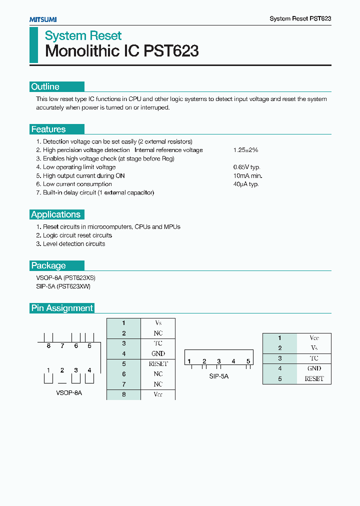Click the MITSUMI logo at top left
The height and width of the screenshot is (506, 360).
coord(42,19)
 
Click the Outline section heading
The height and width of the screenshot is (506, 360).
coord(45,87)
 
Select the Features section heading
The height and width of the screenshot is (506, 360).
coord(48,129)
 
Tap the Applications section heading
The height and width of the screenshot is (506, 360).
coord(55,214)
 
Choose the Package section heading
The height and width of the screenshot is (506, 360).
coord(48,265)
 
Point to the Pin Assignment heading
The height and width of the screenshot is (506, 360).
coord(62,308)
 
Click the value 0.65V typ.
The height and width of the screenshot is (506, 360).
coord(246,167)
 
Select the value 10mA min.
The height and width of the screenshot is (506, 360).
coord(247,176)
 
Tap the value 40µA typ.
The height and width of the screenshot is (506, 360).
coord(245,184)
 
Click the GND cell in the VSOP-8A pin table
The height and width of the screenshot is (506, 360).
coord(158,353)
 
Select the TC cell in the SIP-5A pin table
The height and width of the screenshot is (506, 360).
coord(314,358)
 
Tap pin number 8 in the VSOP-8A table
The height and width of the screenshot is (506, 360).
coord(123,394)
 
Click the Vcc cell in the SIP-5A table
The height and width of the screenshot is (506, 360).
coord(314,338)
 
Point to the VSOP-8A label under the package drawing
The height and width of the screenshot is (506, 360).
coord(68,393)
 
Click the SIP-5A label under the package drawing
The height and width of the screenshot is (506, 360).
coord(218,376)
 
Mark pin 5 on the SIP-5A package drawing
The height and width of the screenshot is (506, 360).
coord(248,361)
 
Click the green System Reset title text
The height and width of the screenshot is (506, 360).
coord(83,36)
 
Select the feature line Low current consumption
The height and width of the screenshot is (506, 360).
coord(77,184)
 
